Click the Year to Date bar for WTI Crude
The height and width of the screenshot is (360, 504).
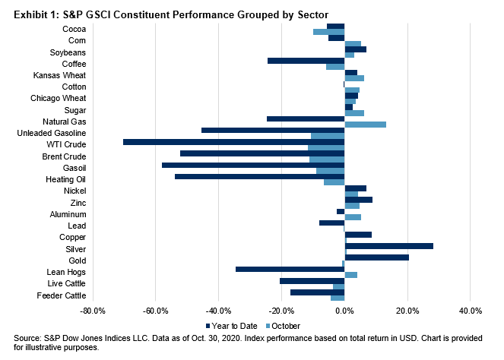click(234, 141)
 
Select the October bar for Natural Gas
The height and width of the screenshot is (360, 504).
click(366, 124)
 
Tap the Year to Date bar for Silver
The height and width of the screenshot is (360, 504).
click(389, 246)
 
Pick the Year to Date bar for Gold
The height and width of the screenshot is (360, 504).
click(377, 257)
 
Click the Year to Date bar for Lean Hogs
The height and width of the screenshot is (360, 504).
click(290, 269)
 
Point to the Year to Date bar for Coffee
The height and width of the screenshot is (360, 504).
click(306, 61)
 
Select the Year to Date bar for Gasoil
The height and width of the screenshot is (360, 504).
click(253, 165)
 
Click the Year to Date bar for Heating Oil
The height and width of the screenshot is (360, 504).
click(260, 176)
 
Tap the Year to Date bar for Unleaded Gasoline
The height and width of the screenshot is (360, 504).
click(273, 130)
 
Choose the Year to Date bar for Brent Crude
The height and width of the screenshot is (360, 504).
click(262, 153)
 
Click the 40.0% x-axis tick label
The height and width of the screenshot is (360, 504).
click(471, 311)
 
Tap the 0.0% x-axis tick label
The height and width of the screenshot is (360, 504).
click(344, 311)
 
